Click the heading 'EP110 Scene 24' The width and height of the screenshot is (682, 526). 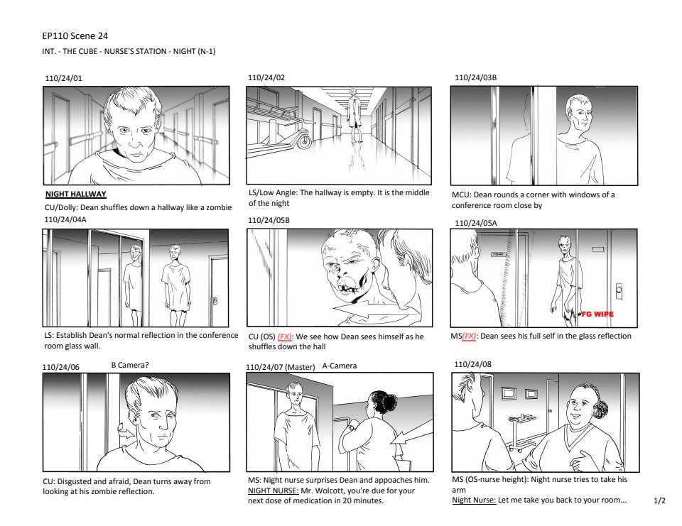[75, 36]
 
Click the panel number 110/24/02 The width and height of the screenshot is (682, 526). [266, 78]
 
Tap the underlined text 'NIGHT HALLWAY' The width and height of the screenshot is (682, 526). [76, 194]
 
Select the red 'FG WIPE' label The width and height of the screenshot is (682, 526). [597, 314]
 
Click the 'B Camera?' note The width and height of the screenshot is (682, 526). [129, 365]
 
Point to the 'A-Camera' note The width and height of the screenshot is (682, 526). [340, 366]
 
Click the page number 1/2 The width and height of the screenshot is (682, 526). [659, 500]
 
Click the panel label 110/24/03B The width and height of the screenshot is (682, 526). [475, 78]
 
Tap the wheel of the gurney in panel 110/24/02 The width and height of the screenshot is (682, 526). [305, 141]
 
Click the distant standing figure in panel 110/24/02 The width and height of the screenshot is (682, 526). [355, 116]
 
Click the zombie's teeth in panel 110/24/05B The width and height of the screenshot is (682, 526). [352, 290]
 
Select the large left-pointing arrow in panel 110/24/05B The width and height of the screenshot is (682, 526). [374, 310]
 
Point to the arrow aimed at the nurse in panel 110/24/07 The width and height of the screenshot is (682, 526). [411, 436]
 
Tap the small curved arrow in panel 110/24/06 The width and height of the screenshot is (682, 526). [125, 432]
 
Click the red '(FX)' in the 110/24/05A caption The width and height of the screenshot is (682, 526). [468, 336]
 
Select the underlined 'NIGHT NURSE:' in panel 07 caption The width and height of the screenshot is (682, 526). [273, 491]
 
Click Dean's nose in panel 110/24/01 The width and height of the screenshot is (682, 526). [135, 141]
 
